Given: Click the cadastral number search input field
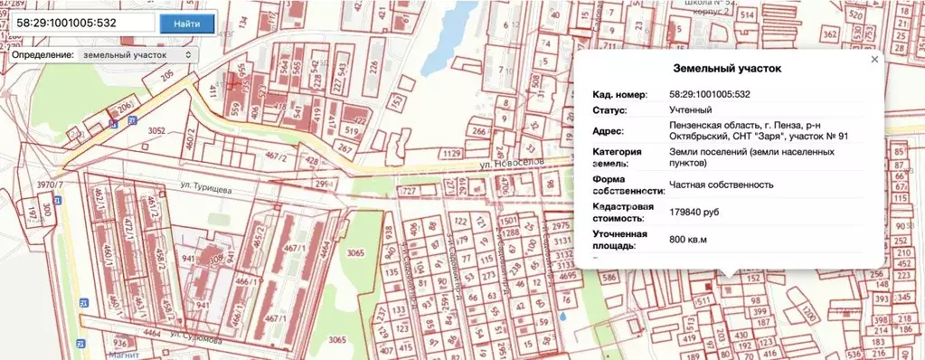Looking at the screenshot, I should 80,22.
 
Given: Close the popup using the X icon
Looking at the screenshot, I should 873,59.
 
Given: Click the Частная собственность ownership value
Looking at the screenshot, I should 721,185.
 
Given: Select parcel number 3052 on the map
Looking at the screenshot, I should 156,130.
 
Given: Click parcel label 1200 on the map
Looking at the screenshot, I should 806,313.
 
